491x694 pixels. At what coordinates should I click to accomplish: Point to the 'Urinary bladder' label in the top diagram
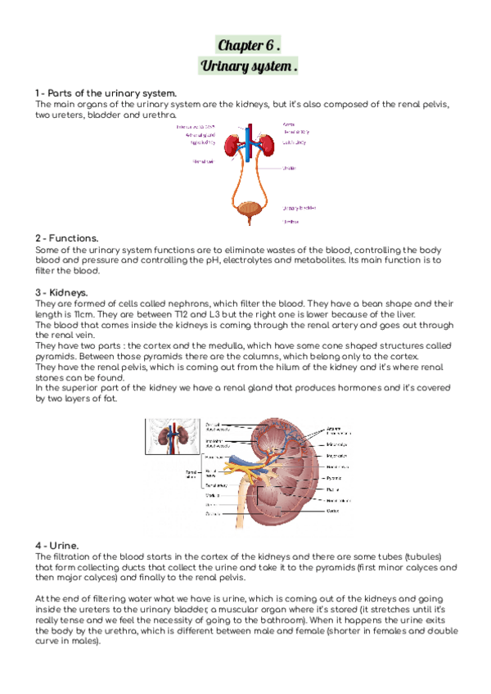pos(299,207)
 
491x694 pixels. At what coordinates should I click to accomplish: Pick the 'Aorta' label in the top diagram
pos(288,124)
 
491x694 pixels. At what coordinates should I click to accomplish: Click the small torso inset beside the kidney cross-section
pos(169,438)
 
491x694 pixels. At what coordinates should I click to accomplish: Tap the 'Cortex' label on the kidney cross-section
pos(333,511)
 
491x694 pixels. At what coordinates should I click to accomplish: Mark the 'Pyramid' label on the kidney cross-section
pos(335,477)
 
